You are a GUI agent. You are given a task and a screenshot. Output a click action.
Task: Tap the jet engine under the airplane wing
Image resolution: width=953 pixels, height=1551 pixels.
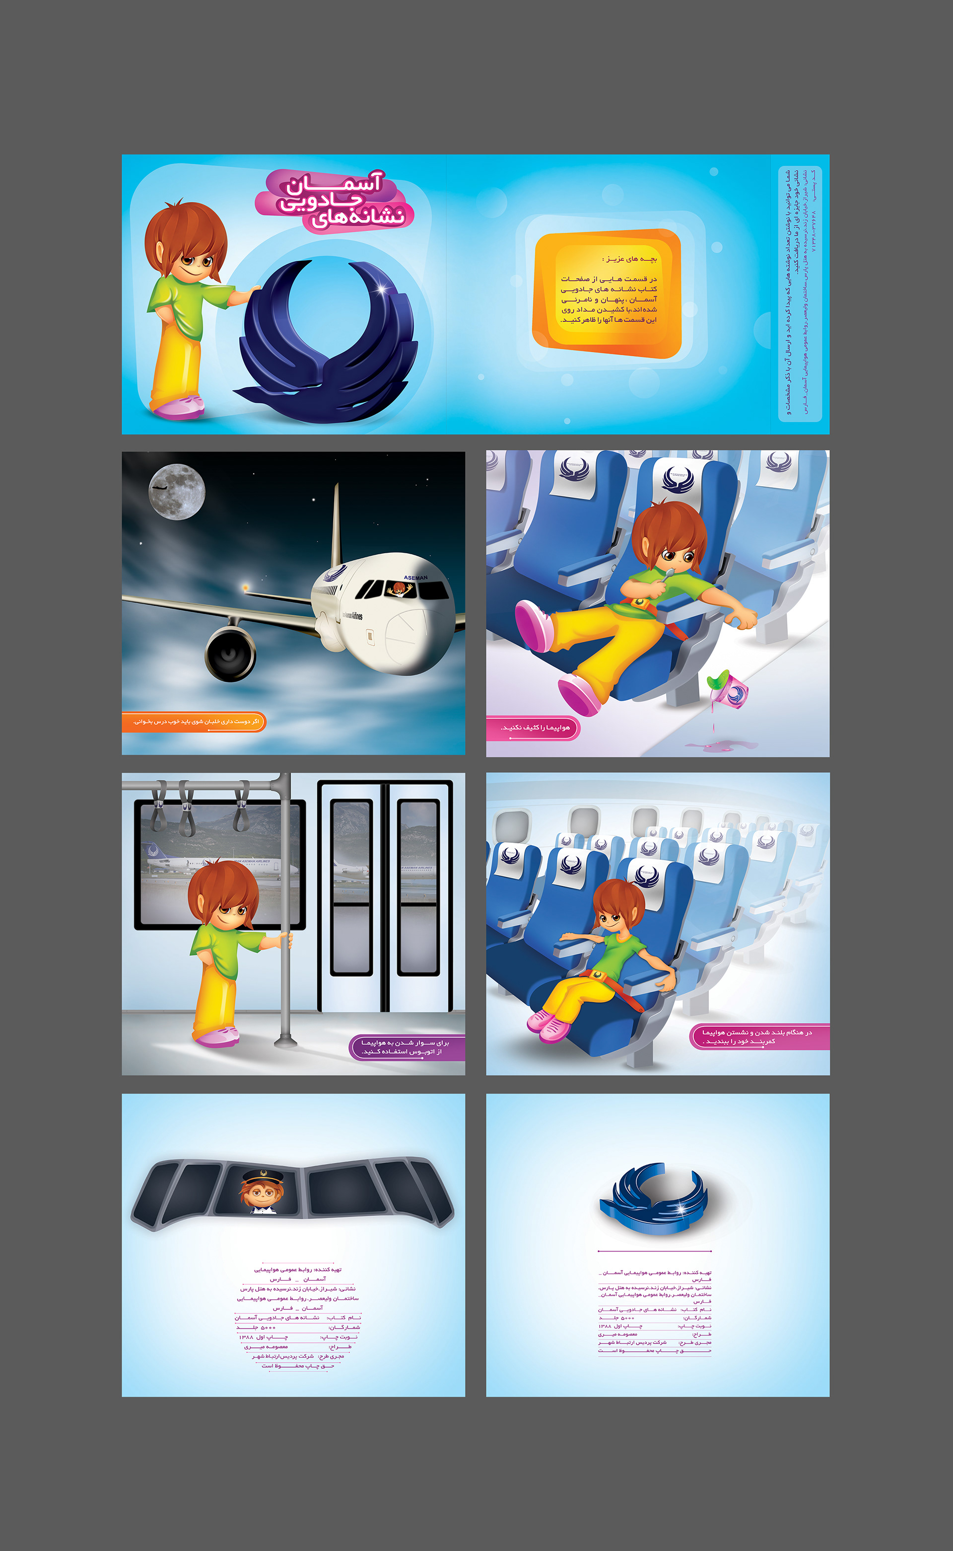(x=230, y=653)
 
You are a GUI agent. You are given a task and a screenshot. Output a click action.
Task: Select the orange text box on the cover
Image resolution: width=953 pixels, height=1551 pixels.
(x=607, y=293)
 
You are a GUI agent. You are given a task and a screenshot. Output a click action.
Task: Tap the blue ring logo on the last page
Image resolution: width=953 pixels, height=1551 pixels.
(x=654, y=1198)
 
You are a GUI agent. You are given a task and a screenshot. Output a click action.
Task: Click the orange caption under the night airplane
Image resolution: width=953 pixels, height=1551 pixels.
(x=194, y=721)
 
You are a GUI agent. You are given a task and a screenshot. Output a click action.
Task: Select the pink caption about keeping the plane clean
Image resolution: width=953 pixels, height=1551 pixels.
(x=533, y=728)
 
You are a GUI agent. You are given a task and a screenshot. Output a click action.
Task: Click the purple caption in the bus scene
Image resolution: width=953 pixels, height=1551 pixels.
(x=406, y=1047)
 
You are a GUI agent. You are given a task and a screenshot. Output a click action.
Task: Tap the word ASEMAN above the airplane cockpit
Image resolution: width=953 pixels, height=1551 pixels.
(x=415, y=578)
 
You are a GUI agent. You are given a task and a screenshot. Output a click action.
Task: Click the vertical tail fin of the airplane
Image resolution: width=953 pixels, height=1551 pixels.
(x=336, y=526)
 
